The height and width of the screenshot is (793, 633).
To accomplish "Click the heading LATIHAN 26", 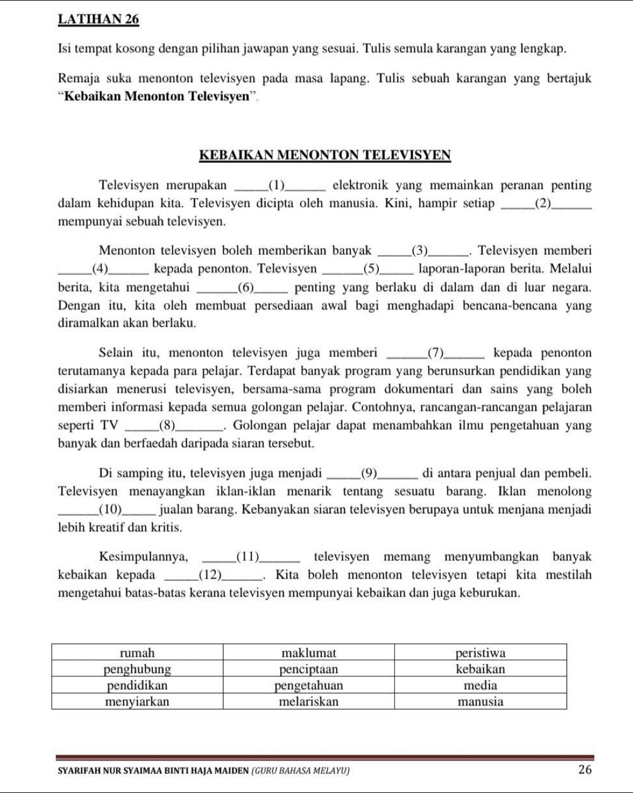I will (98, 19).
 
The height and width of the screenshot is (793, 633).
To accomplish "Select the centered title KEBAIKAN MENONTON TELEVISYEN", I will (325, 155).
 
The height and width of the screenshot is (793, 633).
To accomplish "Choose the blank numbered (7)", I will (437, 354).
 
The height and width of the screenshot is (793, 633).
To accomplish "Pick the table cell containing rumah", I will (137, 653).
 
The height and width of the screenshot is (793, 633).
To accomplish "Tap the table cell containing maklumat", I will (309, 653).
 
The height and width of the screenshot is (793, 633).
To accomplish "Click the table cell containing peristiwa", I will (480, 653).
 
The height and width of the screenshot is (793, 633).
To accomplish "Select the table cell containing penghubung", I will (137, 669).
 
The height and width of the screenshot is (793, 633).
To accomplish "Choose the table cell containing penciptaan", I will (309, 669).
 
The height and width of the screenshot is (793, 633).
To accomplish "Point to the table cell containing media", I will (480, 685).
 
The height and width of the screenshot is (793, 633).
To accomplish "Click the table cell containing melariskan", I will (309, 702).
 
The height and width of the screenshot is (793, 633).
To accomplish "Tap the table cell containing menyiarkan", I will (137, 702).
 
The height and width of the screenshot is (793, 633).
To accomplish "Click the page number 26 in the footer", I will (584, 770).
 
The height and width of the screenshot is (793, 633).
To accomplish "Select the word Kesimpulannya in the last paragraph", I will (143, 557).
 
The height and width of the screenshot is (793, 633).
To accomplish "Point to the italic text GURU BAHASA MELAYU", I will (300, 770).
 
